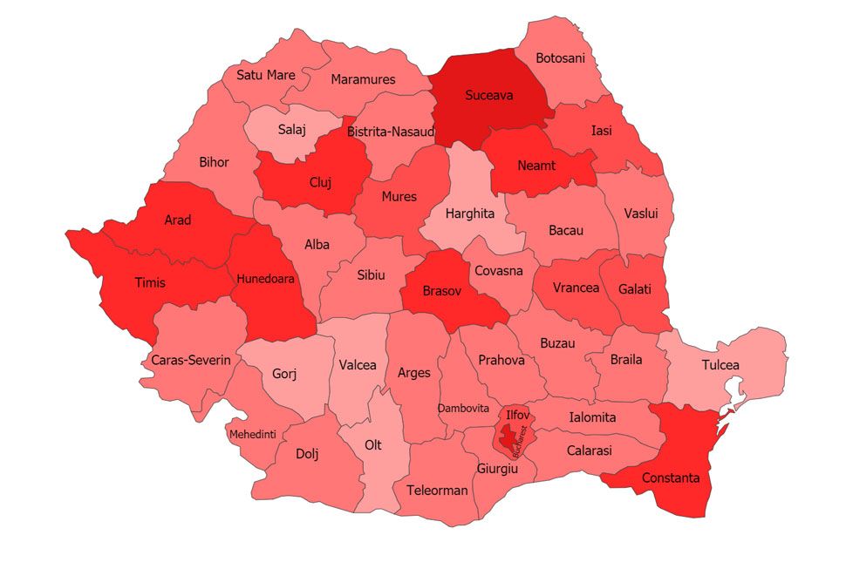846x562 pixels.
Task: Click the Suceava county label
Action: coord(488,95)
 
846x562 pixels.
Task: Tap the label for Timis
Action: coord(150,282)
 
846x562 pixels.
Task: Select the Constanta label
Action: coord(670,477)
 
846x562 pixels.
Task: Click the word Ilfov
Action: coord(517,415)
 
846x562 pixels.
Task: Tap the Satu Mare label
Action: coord(266,75)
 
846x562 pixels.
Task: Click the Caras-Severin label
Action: coord(190,359)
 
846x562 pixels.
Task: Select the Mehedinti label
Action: coord(252,434)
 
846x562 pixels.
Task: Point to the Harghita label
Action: coord(469,213)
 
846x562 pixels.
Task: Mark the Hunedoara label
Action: coord(265,279)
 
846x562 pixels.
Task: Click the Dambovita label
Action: coord(463,408)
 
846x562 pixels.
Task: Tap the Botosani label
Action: coord(560,58)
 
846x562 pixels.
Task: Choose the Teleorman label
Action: coord(437,490)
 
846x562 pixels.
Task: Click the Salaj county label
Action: coord(292,130)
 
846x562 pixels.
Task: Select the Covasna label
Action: coord(498,270)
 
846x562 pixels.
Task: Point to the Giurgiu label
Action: coord(497,469)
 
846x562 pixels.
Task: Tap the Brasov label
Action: coord(441,291)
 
